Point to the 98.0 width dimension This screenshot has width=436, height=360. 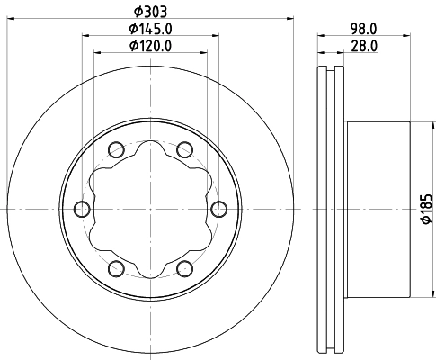pos(364,27)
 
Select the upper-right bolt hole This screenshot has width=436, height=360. pos(185,149)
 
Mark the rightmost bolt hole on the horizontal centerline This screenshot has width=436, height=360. pos(219,209)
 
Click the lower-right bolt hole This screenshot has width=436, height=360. pos(185,268)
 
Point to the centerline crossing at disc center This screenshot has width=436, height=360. pos(151,209)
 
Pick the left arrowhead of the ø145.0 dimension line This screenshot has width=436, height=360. pos(87,36)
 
